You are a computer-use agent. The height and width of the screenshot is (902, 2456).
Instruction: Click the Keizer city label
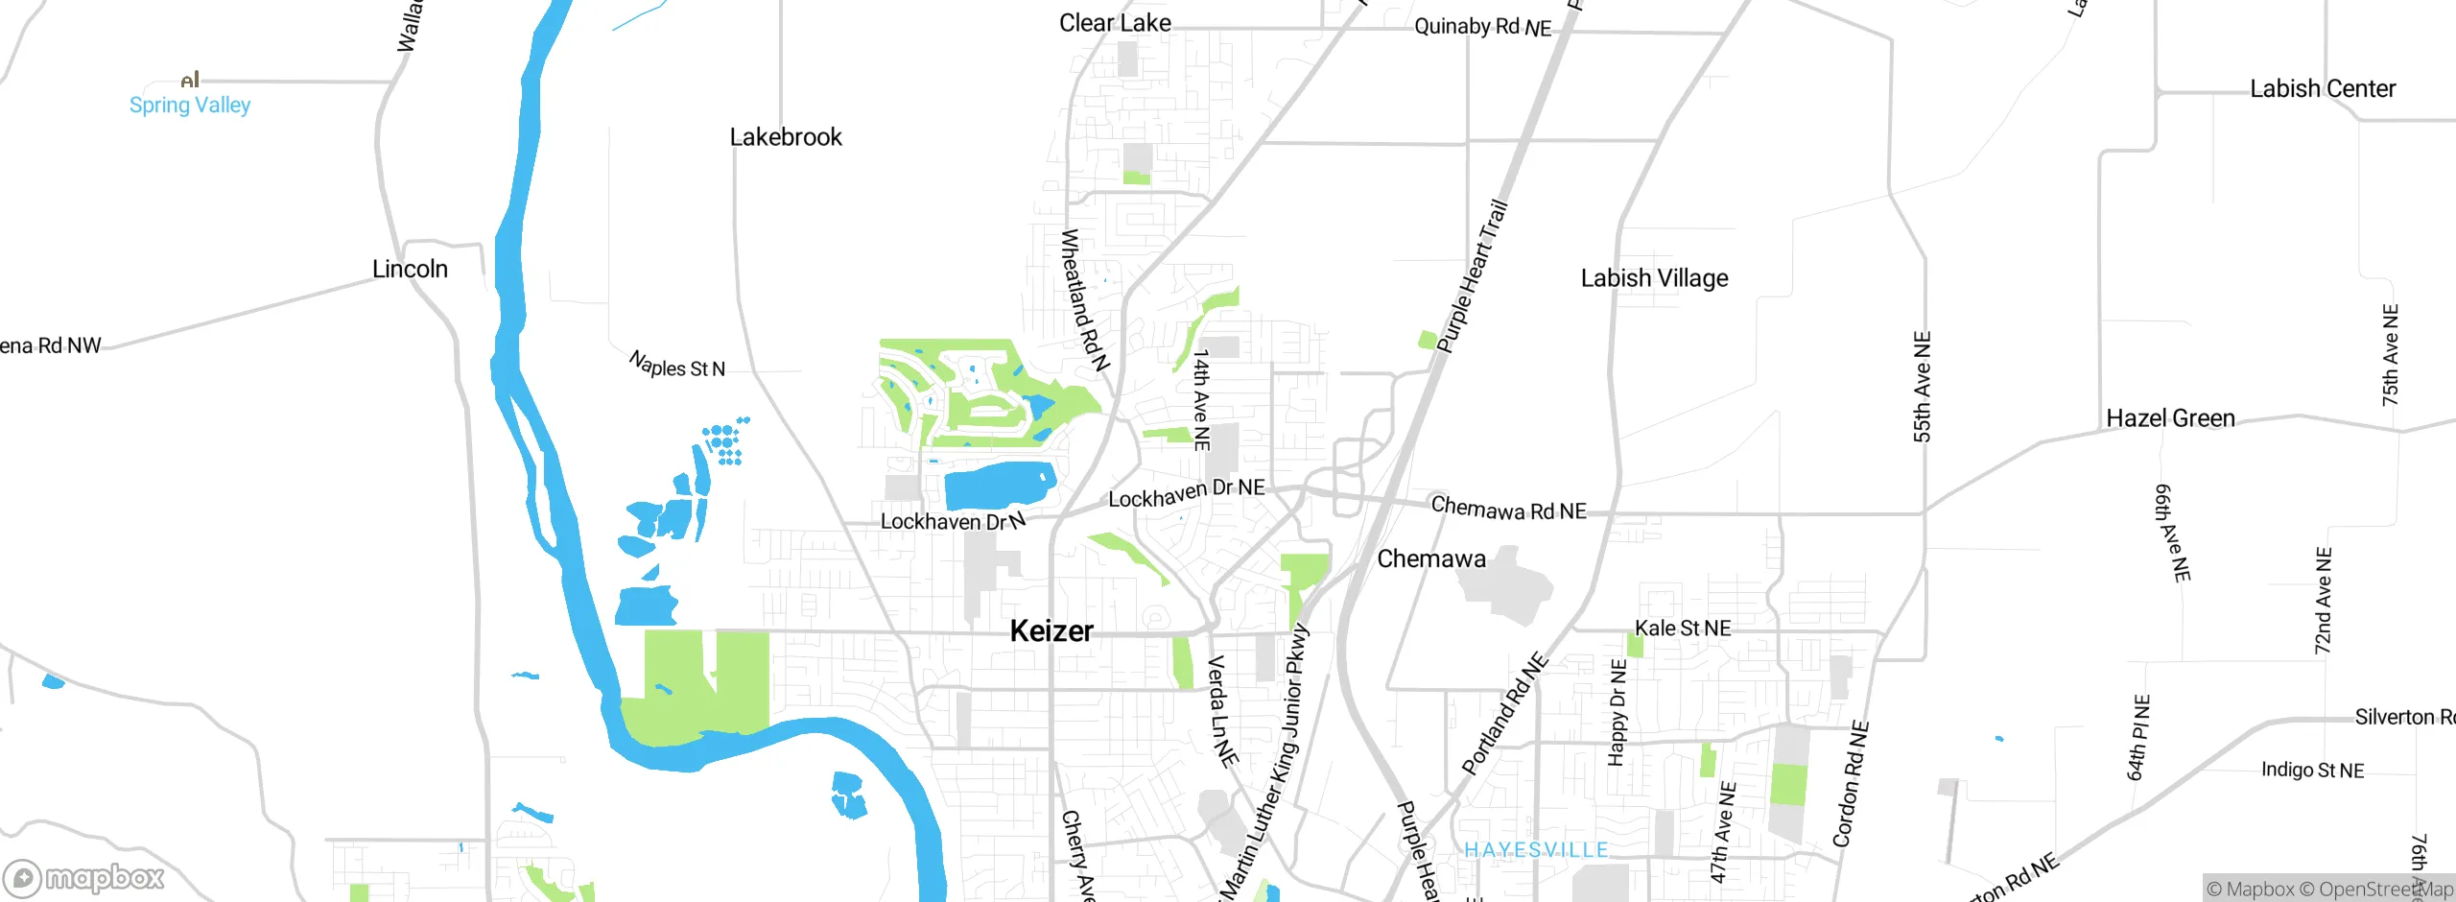1051,630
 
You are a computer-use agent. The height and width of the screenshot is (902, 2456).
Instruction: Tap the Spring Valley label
190,105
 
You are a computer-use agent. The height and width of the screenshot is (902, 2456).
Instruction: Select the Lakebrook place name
786,137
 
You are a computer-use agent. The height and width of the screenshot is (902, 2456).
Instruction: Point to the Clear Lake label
1115,23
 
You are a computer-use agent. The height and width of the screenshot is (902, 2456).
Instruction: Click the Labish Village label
1654,278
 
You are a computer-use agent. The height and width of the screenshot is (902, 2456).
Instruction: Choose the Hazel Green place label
2170,418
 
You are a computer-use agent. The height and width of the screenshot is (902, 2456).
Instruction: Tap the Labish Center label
2323,89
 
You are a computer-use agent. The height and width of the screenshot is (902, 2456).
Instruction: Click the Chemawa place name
1431,558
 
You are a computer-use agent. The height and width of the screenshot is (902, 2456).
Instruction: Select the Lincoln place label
410,269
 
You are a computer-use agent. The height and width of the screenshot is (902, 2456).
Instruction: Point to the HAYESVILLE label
1536,850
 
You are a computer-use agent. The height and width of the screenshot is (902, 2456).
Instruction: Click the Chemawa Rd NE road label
1508,509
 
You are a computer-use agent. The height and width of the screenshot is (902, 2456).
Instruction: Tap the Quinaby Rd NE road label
1482,27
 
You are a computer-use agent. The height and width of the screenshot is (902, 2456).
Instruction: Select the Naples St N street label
676,365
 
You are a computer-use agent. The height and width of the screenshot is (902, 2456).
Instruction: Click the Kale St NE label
1683,629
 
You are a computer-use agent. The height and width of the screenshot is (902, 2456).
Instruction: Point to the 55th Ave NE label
1922,387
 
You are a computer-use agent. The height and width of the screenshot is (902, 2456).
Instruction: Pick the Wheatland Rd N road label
1084,299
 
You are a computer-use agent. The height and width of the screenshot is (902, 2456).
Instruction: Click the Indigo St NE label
2312,770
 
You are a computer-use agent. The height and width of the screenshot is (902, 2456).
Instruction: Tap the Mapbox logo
84,877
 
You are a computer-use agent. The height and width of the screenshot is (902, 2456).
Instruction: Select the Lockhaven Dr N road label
953,521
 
